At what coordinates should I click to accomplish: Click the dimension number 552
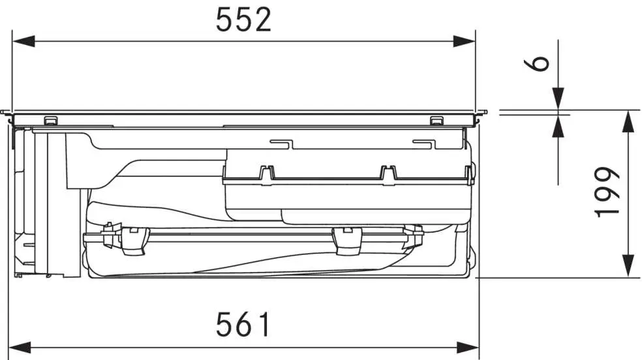[x=243, y=19]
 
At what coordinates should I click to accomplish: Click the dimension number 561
[x=243, y=324]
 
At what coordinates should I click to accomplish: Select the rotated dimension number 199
[x=607, y=192]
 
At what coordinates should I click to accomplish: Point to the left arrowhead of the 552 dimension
[x=23, y=41]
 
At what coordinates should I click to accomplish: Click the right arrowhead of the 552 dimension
[x=465, y=41]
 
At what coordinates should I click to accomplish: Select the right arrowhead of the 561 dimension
[x=468, y=348]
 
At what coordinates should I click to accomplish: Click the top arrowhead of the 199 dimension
[x=628, y=121]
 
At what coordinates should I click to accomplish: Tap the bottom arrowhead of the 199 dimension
[x=628, y=266]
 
